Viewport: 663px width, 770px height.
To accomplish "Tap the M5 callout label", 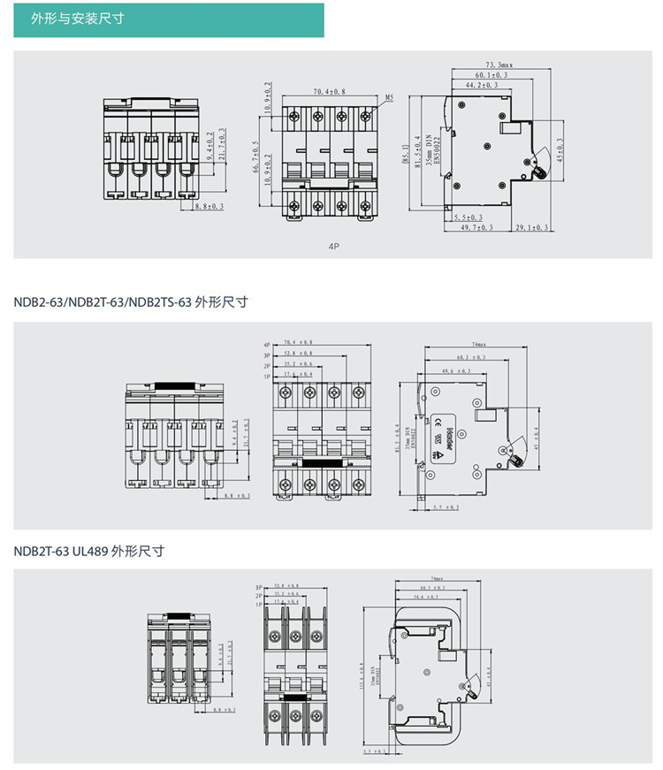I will pyautogui.click(x=389, y=99).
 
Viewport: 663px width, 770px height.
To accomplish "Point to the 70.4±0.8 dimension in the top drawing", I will pyautogui.click(x=329, y=91).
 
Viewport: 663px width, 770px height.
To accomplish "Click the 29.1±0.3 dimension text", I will pyautogui.click(x=531, y=227).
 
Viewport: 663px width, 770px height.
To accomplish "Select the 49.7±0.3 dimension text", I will pyautogui.click(x=476, y=227).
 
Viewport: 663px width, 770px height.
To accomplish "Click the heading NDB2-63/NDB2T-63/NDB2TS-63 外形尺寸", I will pyautogui.click(x=130, y=302).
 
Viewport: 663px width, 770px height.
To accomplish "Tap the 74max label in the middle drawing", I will pyautogui.click(x=480, y=344).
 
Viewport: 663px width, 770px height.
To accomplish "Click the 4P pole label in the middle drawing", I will pyautogui.click(x=266, y=344).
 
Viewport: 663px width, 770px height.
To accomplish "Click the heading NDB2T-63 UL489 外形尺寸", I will pyautogui.click(x=89, y=551).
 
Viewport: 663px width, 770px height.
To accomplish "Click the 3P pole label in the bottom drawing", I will pyautogui.click(x=260, y=587).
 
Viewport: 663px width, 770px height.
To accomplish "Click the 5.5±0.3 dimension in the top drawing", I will pyautogui.click(x=468, y=217).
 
